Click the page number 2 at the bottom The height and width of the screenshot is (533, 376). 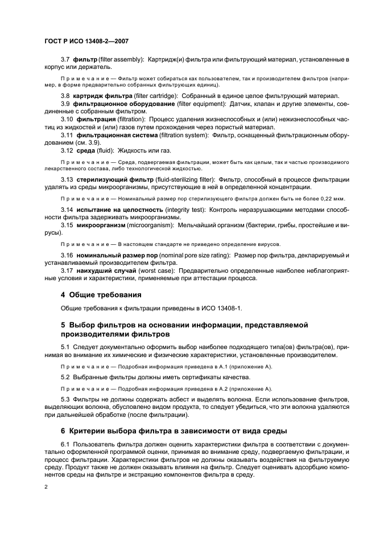(x=46, y=486)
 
